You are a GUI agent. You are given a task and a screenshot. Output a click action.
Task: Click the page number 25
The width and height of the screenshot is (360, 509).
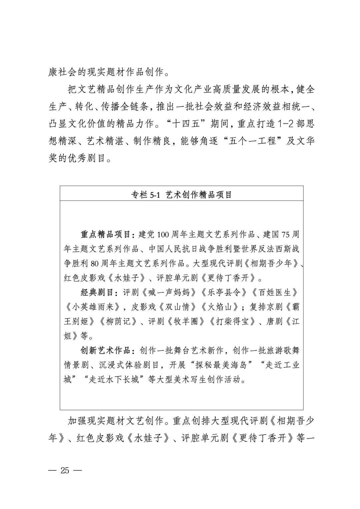[x=65, y=471]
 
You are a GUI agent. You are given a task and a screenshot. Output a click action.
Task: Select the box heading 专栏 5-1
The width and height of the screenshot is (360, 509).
[x=181, y=195]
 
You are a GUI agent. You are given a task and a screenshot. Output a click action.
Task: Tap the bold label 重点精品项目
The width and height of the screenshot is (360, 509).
[x=106, y=234]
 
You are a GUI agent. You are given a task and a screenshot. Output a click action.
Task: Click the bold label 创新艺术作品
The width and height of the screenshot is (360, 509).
[x=106, y=351]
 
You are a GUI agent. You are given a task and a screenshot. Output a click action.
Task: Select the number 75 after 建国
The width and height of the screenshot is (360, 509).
[x=285, y=234]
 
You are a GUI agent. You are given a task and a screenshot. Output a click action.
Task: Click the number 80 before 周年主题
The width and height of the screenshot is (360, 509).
[x=95, y=264]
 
